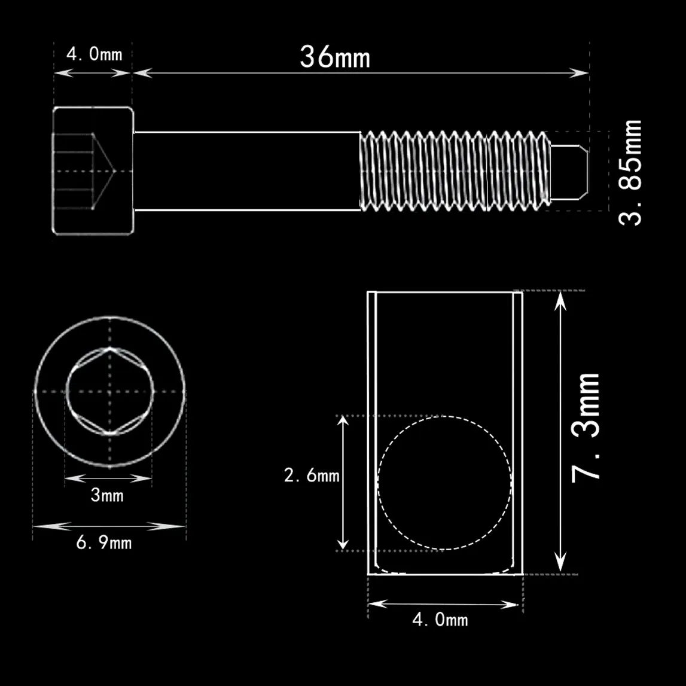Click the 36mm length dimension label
(x=334, y=57)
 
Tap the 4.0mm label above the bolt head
(x=94, y=54)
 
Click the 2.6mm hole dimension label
(x=311, y=476)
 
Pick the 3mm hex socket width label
(x=107, y=495)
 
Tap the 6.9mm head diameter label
(x=103, y=543)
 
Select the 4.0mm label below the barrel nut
(x=440, y=620)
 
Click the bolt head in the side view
(x=93, y=171)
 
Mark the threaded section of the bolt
(x=455, y=171)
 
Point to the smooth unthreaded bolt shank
(x=246, y=171)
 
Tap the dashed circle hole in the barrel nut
(x=444, y=483)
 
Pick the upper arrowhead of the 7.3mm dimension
(x=560, y=300)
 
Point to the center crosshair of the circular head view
(x=109, y=391)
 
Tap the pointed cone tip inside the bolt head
(x=112, y=171)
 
